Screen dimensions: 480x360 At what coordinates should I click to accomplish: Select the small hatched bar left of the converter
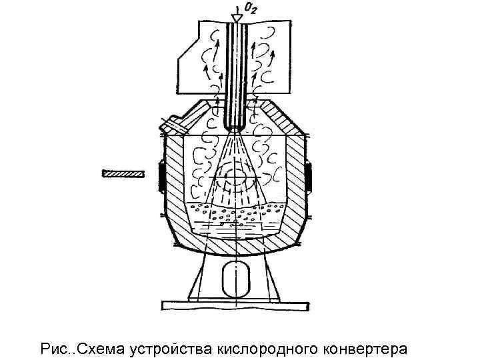(122, 174)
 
